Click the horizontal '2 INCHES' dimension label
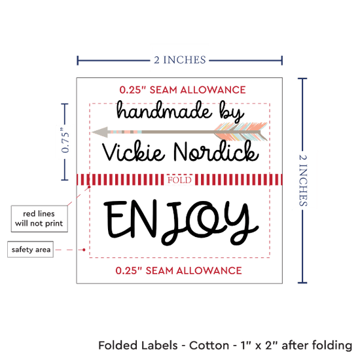pos(180,60)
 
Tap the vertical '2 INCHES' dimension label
pos(303,180)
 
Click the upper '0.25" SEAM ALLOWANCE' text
pos(183,90)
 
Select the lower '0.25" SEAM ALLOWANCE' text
pos(179,271)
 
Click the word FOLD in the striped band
pos(179,180)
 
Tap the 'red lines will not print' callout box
pos(39,219)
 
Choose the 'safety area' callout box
pos(31,249)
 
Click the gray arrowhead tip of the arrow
pos(92,132)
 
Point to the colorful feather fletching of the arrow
pos(241,132)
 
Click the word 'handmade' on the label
pos(164,111)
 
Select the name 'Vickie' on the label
pos(134,152)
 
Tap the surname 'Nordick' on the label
pos(216,151)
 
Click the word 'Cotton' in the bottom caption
pos(209,346)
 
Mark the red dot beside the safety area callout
pos(84,249)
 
